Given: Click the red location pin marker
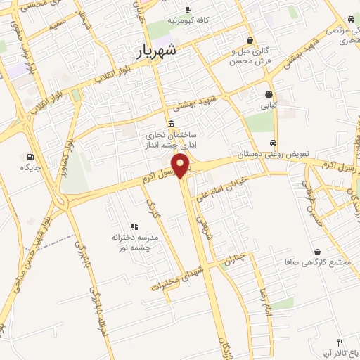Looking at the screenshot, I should (181, 165).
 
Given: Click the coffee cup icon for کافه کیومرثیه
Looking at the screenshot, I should (188, 9).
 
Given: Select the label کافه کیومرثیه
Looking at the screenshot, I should (188, 20).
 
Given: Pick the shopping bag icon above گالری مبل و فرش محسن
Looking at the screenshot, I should (250, 40).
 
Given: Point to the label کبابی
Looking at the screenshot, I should (269, 105).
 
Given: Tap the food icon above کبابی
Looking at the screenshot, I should (269, 94).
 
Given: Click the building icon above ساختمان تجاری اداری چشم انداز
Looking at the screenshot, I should (172, 122).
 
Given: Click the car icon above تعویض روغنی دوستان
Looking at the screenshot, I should (273, 142).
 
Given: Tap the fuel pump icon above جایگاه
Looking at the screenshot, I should (30, 157).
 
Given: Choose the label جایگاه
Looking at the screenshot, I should (30, 167).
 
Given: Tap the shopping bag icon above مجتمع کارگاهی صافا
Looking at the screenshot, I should (318, 252).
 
